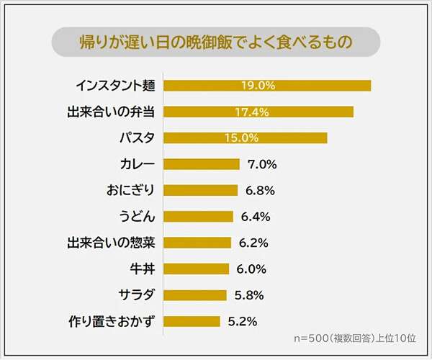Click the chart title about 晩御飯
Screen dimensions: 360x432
pyautogui.click(x=216, y=42)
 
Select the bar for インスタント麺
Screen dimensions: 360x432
pyautogui.click(x=267, y=86)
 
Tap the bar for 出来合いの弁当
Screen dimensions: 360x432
pyautogui.click(x=258, y=112)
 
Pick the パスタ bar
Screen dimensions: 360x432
pyautogui.click(x=246, y=138)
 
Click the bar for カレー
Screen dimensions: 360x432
pyautogui.click(x=202, y=164)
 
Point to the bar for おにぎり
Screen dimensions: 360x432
pyautogui.click(x=201, y=190)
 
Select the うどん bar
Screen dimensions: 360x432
pyautogui.click(x=199, y=216)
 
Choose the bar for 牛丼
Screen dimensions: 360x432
pyautogui.click(x=197, y=269)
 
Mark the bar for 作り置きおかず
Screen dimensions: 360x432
pyautogui.click(x=192, y=321)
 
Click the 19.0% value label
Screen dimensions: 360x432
pyautogui.click(x=258, y=86)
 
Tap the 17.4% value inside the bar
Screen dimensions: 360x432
pyautogui.click(x=251, y=112)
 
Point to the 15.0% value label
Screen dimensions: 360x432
pyautogui.click(x=241, y=138)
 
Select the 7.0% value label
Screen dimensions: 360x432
pyautogui.click(x=262, y=164)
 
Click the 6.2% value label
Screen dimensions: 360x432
pyautogui.click(x=253, y=243)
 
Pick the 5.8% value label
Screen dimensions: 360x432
pyautogui.click(x=249, y=295)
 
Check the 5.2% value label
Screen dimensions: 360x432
pyautogui.click(x=243, y=321)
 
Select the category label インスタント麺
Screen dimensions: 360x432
pyautogui.click(x=116, y=86)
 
